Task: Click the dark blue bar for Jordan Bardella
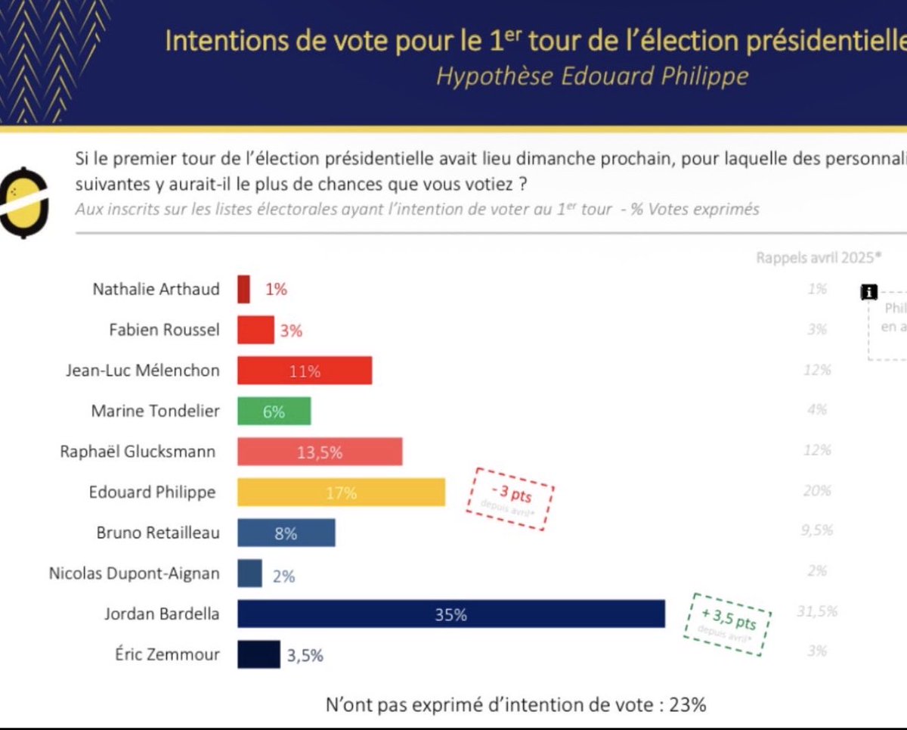click(450, 614)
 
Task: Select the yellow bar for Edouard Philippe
click(341, 492)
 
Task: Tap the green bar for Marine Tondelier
click(274, 412)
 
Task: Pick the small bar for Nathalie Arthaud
click(243, 289)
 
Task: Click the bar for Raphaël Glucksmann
click(320, 452)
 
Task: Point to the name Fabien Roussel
click(166, 330)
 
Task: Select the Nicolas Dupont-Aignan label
click(135, 573)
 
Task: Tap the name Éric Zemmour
click(163, 654)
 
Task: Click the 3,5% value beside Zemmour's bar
click(305, 655)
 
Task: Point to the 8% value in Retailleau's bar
click(286, 533)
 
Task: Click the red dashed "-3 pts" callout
click(509, 498)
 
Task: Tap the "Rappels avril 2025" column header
click(819, 257)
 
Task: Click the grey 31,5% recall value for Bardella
click(816, 611)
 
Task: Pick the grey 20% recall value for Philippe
click(818, 491)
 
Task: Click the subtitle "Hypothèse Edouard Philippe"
click(591, 76)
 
